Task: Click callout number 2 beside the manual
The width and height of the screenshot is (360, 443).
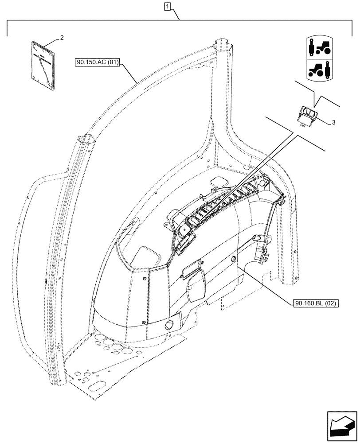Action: pos(62,38)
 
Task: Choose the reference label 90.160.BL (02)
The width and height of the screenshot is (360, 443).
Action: pos(316,303)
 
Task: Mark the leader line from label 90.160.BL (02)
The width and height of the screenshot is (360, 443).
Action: pos(266,284)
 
